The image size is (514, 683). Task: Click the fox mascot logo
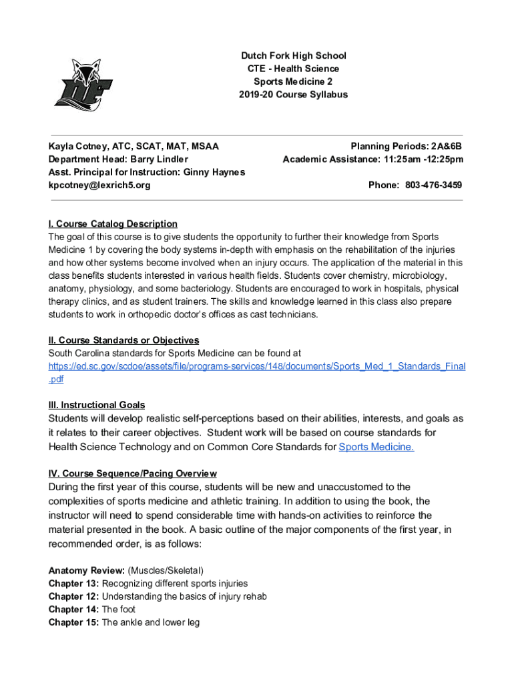(x=79, y=84)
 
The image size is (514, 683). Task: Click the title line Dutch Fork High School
(x=294, y=55)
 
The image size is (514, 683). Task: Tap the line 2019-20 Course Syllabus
(x=294, y=95)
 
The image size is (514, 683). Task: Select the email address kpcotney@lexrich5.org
(x=99, y=185)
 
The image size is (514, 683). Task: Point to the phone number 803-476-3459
(x=432, y=185)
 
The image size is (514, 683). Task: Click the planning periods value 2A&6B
(x=446, y=146)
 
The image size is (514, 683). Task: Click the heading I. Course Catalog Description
(x=113, y=223)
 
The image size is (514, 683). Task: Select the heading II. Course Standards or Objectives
(x=123, y=340)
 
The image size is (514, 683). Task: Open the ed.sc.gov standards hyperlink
(x=257, y=366)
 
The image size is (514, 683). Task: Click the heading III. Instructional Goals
(x=97, y=405)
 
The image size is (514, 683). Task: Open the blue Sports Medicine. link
(x=376, y=446)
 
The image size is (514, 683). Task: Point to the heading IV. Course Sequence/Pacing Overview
(x=132, y=474)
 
